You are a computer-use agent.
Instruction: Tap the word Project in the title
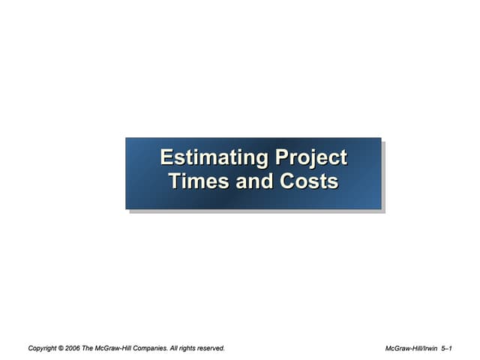(311, 158)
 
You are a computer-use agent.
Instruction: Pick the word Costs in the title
(309, 181)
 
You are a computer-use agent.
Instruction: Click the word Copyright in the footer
(43, 348)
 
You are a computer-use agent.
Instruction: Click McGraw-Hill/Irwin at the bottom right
(411, 348)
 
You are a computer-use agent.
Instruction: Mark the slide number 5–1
(447, 348)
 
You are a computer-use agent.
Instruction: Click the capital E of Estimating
(166, 158)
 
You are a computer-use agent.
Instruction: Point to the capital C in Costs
(288, 181)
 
